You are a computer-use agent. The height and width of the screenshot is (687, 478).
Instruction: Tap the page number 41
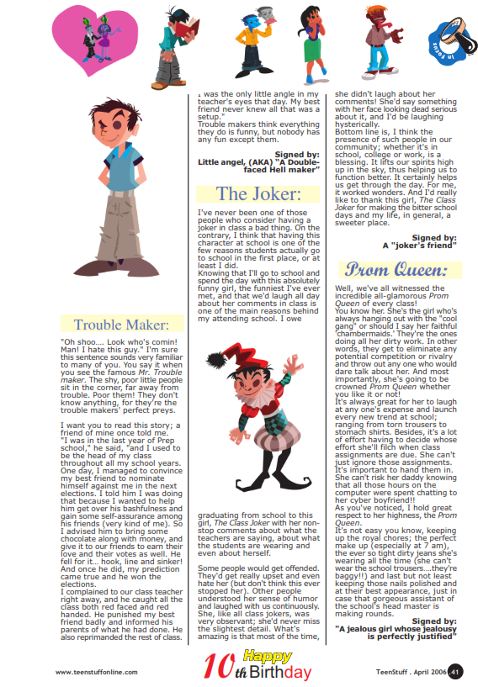tap(455, 672)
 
